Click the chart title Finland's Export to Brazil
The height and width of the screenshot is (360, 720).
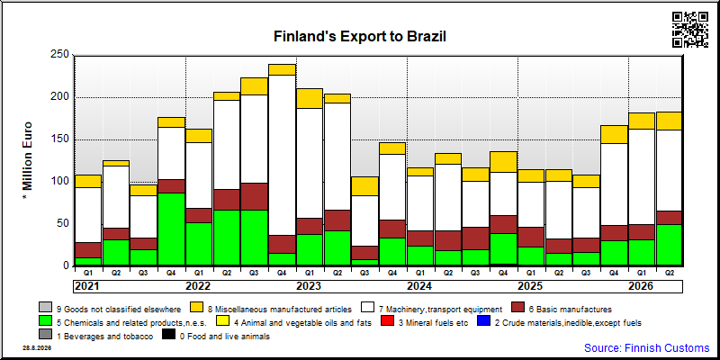click(359, 37)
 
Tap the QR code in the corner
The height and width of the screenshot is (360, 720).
click(690, 30)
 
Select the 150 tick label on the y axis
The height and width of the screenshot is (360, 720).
click(60, 139)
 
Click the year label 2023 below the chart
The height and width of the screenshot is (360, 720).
click(309, 286)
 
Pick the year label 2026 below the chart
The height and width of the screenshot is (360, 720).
click(641, 286)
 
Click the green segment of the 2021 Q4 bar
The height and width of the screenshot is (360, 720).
click(171, 229)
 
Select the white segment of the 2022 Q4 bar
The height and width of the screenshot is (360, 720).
click(282, 155)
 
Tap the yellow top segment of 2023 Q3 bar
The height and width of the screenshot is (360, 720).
click(365, 186)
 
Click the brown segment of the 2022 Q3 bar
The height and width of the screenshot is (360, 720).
click(255, 196)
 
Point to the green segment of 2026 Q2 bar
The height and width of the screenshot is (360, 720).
click(669, 245)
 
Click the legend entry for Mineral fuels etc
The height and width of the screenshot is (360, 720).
click(425, 323)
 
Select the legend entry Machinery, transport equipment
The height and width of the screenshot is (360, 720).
click(433, 309)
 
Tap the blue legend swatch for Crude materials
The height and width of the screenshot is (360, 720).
click(484, 323)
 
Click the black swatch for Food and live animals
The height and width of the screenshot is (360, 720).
click(169, 336)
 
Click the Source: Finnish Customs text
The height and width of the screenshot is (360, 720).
click(646, 347)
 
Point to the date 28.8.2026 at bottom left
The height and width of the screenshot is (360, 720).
click(37, 348)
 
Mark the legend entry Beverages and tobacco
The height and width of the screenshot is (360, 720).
click(96, 336)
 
